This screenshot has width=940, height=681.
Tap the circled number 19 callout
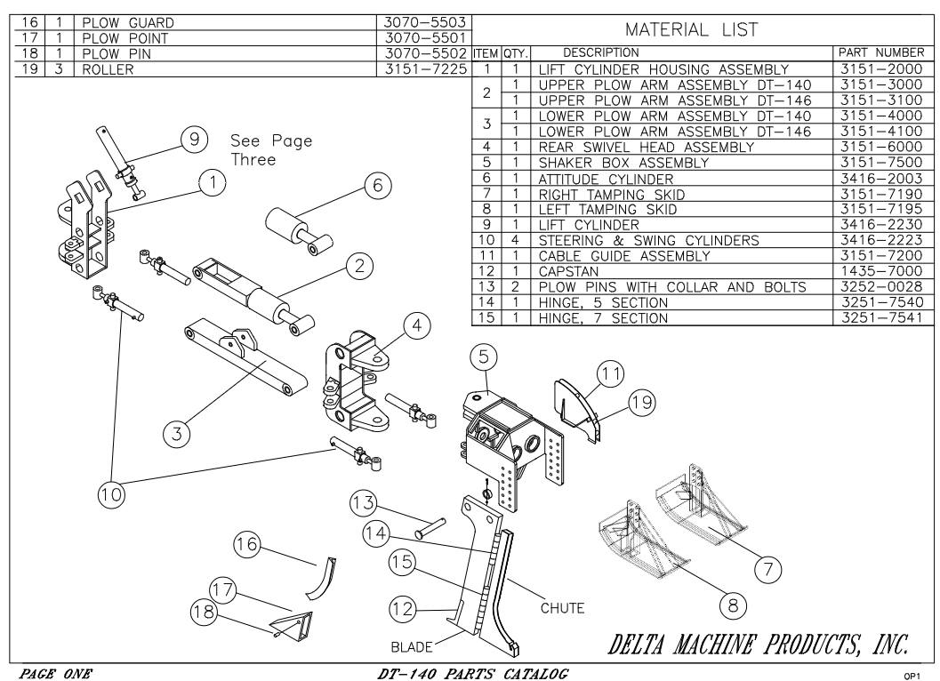tap(639, 402)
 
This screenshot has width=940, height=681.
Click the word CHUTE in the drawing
tap(562, 609)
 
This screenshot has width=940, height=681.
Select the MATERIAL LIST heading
tap(703, 30)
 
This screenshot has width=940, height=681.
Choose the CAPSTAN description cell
tap(566, 270)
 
